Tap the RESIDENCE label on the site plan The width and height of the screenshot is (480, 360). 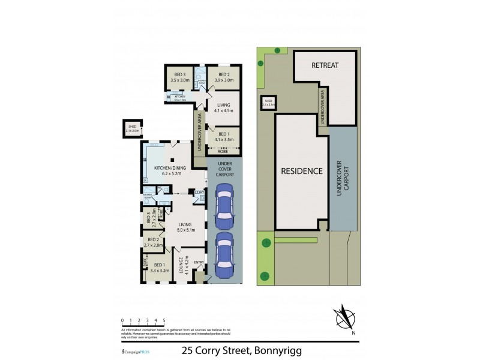point(302,171)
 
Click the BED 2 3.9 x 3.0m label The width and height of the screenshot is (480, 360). point(224,77)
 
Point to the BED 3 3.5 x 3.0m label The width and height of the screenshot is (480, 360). point(179,77)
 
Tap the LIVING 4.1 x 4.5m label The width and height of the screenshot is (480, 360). point(223,107)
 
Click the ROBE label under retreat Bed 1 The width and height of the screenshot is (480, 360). point(223,152)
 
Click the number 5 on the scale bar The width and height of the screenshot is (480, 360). point(164,321)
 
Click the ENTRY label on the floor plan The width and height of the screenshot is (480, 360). point(198,262)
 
